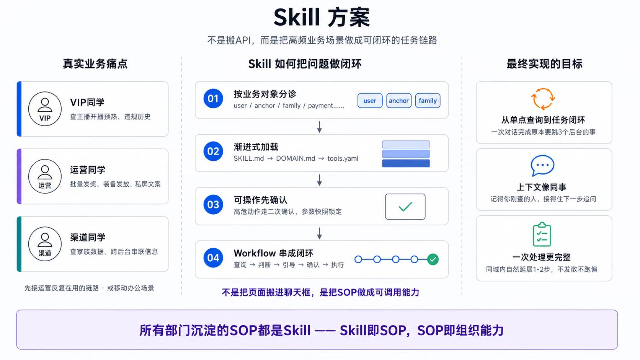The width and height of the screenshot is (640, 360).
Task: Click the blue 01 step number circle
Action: (x=213, y=98)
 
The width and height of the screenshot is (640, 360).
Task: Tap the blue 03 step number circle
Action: (x=213, y=204)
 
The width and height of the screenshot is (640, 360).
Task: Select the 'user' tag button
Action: (x=370, y=101)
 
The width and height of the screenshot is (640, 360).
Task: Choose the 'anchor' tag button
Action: (x=399, y=101)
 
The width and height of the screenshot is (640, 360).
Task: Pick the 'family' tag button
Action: (x=428, y=101)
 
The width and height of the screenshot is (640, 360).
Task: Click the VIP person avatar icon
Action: (x=45, y=109)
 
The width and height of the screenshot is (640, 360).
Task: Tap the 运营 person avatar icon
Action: (x=45, y=176)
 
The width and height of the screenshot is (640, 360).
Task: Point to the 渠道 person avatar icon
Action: (x=45, y=244)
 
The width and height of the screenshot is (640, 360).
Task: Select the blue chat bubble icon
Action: (x=542, y=166)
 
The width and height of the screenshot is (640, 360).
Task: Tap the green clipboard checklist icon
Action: (x=542, y=234)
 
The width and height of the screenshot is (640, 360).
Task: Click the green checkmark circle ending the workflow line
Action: (x=433, y=259)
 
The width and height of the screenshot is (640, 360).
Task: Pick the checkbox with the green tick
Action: (x=405, y=207)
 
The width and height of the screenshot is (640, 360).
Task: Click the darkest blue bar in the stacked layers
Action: (x=406, y=163)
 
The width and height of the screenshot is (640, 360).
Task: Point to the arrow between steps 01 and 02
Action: (x=320, y=127)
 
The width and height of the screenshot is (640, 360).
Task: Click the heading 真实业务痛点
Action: (x=95, y=64)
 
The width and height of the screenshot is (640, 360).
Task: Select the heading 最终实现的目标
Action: (x=544, y=64)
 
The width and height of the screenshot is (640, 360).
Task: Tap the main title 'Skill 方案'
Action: (x=322, y=18)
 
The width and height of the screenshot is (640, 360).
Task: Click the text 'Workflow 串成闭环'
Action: (x=273, y=253)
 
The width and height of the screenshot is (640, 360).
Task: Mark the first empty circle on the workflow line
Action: (x=358, y=259)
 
